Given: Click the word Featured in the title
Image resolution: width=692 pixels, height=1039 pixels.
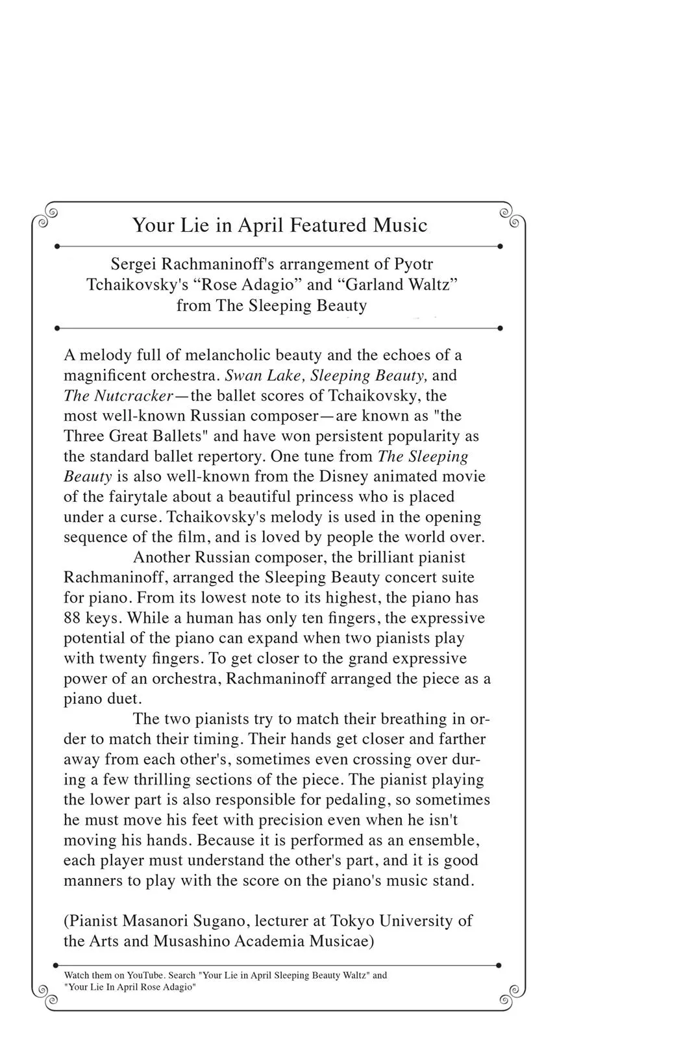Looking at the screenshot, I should point(328,225).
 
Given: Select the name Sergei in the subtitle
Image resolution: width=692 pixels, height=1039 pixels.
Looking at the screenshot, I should point(133,264).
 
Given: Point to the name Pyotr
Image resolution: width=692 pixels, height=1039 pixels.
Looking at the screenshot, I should point(414,264).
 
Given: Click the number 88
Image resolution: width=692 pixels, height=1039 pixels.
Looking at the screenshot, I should point(72,618).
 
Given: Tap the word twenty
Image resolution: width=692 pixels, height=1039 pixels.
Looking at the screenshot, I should point(123,658).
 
